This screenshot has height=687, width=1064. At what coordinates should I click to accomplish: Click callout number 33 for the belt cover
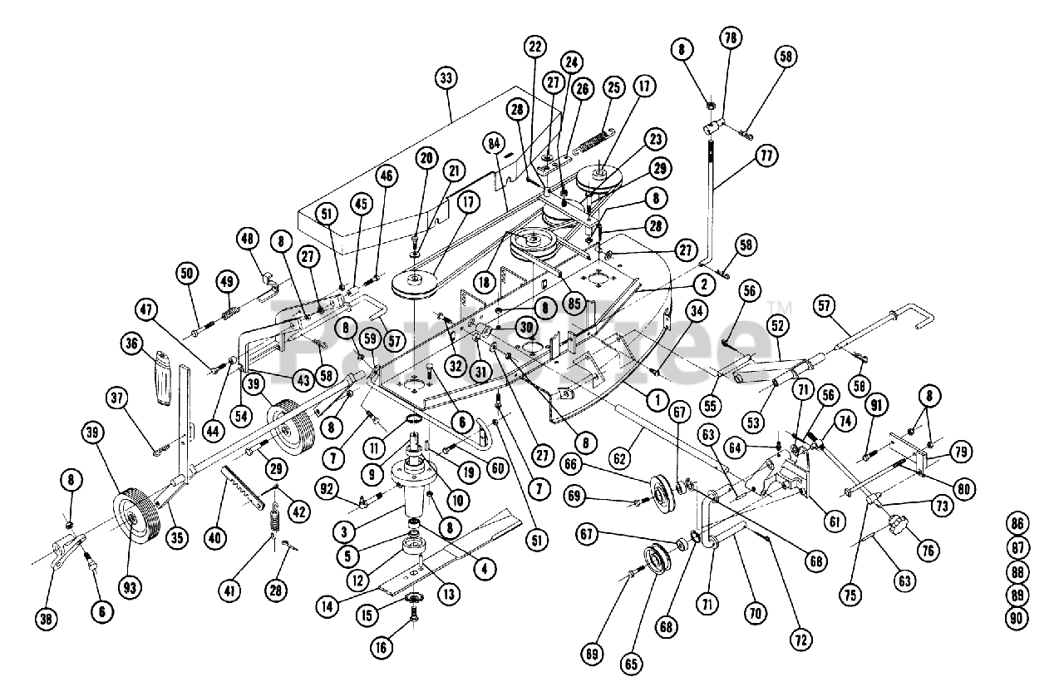coord(446,80)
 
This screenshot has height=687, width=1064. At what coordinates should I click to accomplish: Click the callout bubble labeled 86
coord(1017,524)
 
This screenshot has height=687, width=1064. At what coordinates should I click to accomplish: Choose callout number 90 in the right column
coord(1017,619)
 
